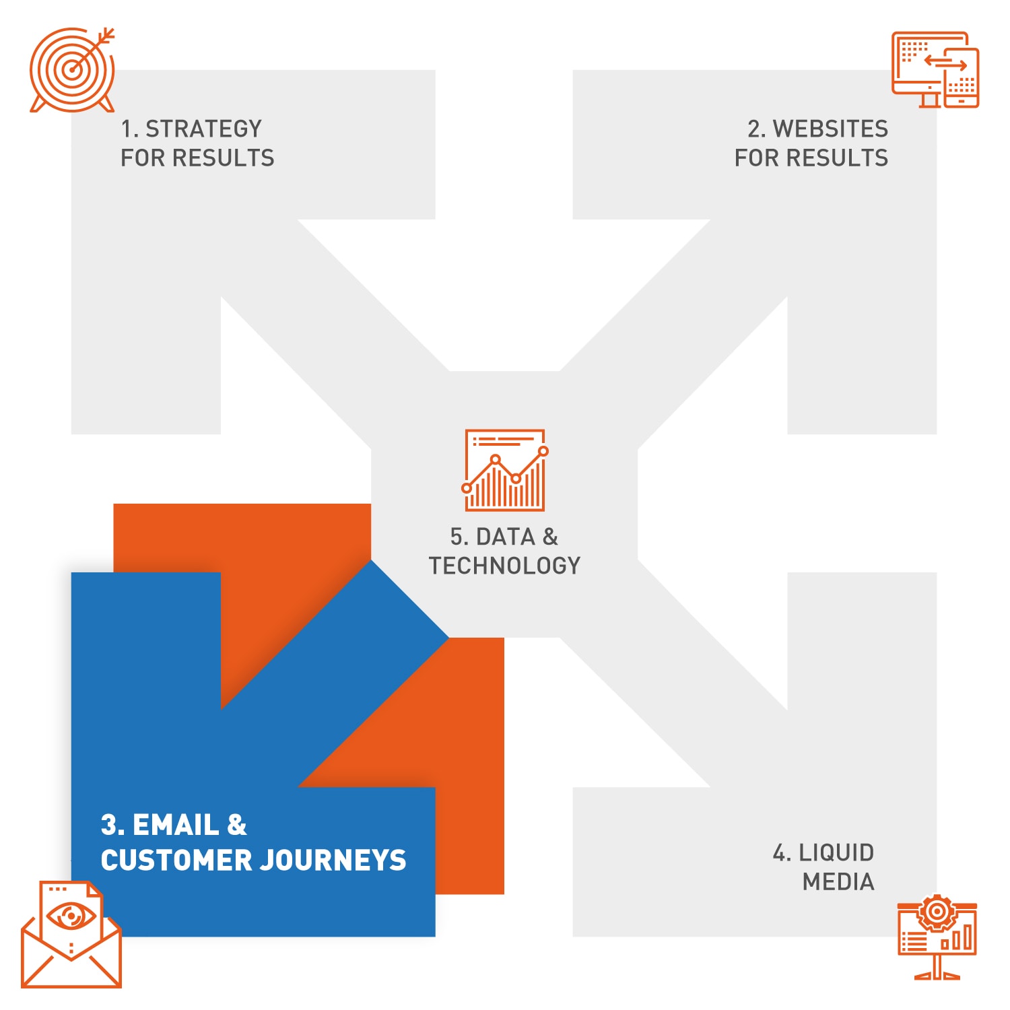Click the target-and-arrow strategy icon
(x=72, y=69)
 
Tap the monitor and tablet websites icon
(x=935, y=69)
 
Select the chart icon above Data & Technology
(x=505, y=469)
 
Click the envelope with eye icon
(x=71, y=934)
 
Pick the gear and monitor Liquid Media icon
(x=937, y=937)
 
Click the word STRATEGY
(x=203, y=129)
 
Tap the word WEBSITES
(x=830, y=129)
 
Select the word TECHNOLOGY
(x=504, y=566)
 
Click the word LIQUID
(x=836, y=852)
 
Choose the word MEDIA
(x=838, y=881)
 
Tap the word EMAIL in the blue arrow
(x=176, y=825)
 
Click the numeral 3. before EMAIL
(x=112, y=825)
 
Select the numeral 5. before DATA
(x=460, y=537)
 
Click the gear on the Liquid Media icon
(x=937, y=912)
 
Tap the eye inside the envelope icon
(x=71, y=916)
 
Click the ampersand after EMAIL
(x=237, y=825)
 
